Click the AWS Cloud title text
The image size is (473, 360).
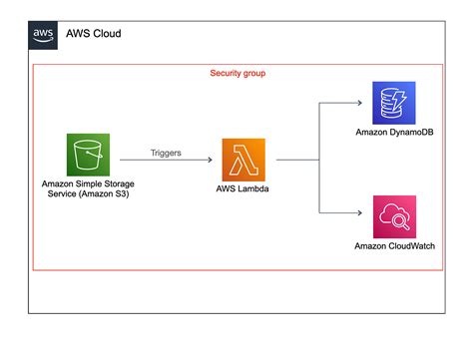95,33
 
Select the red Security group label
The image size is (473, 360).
236,74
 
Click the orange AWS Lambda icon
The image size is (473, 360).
244,159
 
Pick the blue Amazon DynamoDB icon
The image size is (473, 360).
391,103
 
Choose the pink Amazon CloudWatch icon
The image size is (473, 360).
391,216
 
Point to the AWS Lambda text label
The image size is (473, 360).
244,188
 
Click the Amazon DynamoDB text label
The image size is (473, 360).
392,132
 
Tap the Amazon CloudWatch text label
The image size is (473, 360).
392,245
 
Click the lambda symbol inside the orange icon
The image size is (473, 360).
244,159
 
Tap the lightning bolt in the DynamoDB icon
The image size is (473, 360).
396,101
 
